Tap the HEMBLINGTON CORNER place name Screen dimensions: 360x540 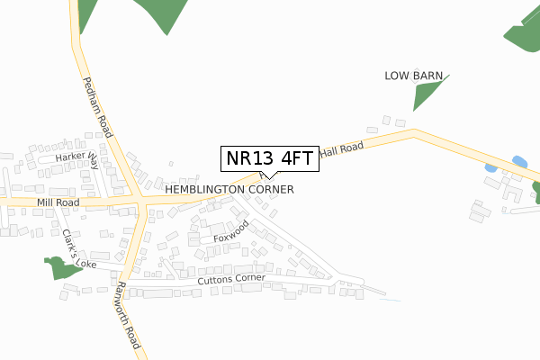[229, 191]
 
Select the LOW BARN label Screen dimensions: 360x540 [413, 76]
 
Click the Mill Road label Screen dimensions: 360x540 [58, 203]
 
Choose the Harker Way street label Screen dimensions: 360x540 [75, 157]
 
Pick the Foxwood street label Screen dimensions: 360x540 [231, 231]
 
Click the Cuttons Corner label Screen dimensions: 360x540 [231, 279]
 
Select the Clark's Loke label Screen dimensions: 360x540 [78, 249]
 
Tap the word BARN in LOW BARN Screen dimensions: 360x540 [427, 76]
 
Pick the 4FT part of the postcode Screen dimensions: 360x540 [296, 158]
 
